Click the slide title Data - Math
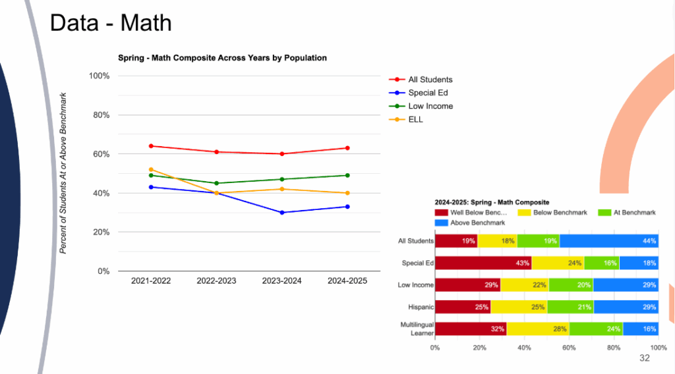111,23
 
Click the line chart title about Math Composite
222,58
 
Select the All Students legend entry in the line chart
430,80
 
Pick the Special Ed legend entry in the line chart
428,93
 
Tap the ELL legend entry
415,119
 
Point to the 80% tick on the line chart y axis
99,115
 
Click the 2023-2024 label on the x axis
282,280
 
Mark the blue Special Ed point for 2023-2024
282,213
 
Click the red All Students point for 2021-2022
151,146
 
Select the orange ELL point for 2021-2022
151,169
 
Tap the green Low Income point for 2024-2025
347,175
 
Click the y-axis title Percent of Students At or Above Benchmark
64,173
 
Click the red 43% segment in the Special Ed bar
483,263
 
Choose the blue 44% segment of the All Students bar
609,241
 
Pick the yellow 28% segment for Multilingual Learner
538,329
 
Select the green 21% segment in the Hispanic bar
570,307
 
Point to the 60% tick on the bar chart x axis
569,347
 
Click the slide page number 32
644,358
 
